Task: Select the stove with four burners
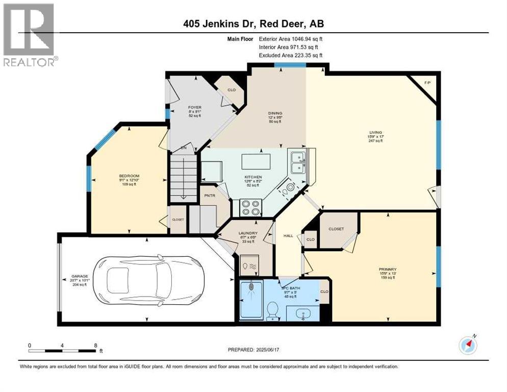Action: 250,207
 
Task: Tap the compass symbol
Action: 468,345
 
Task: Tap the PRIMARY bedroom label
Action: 388,269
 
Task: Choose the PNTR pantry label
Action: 210,195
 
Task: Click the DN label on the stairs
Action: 184,149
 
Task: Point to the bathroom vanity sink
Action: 303,314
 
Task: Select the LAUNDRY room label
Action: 247,233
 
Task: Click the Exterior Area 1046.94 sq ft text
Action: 291,38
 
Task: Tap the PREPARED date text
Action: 253,350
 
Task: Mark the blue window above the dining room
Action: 290,65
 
